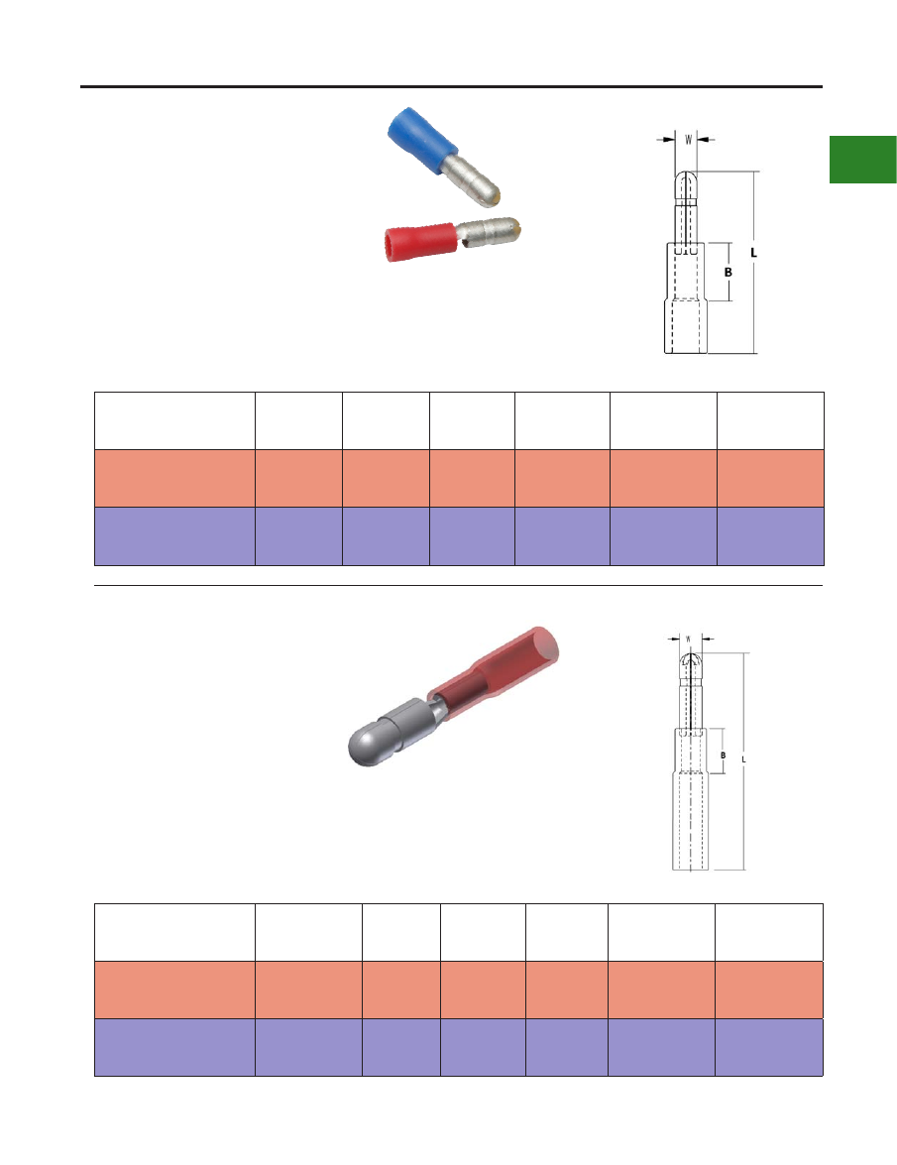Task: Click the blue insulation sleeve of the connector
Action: pos(419,138)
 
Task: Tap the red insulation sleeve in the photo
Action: pos(419,242)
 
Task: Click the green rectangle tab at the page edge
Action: pos(863,159)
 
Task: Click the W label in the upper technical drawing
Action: pos(688,139)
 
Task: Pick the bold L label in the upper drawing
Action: pos(753,253)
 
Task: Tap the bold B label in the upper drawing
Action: pos(729,272)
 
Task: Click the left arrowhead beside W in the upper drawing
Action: pos(670,139)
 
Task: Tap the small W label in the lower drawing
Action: pos(688,639)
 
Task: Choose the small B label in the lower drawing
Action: pos(724,756)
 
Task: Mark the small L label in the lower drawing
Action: pos(743,759)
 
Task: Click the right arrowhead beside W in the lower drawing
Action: pos(707,639)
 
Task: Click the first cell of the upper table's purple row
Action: pos(174,536)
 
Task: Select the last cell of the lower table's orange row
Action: pos(769,990)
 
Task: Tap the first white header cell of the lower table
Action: pos(174,932)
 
